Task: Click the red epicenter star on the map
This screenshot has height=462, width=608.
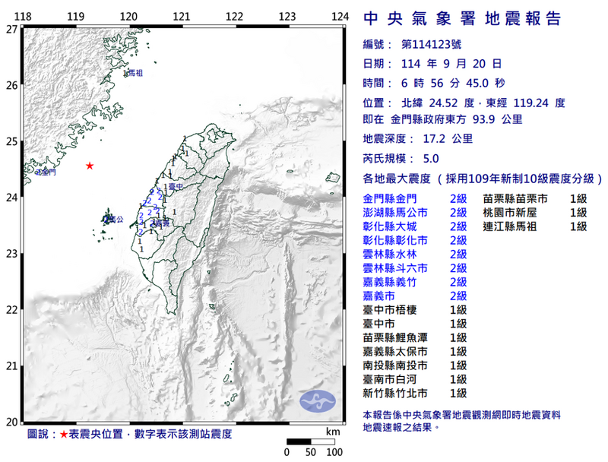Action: [x=90, y=166]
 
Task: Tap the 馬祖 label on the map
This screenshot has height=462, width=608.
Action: [x=135, y=74]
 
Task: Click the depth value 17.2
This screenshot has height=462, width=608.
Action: [x=437, y=139]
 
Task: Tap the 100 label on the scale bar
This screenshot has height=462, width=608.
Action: [x=334, y=452]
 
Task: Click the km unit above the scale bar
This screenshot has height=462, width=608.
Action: [x=333, y=432]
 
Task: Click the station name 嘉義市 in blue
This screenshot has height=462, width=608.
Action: [x=378, y=296]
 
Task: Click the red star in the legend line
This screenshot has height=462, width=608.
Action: [x=65, y=434]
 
